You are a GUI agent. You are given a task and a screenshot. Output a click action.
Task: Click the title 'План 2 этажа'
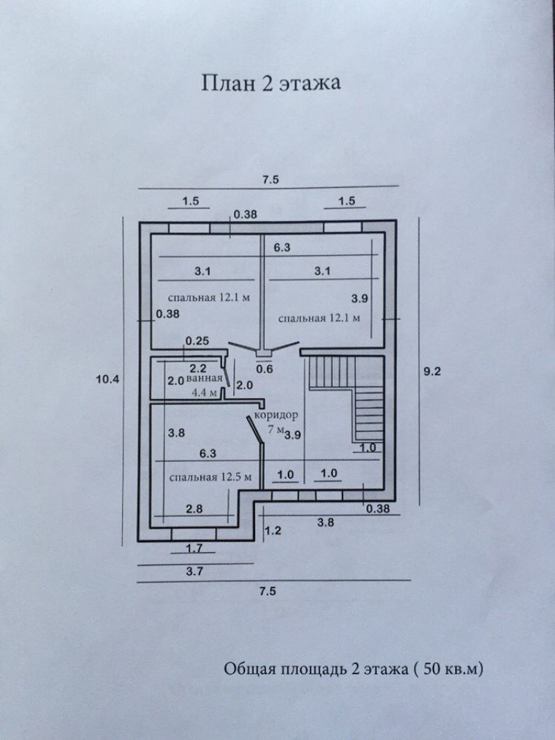coord(271,83)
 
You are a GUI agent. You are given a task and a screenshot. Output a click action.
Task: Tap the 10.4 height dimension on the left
coord(107,379)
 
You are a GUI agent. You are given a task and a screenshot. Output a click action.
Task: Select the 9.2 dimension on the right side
coord(432,372)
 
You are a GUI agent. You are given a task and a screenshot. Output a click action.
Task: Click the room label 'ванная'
coord(204,378)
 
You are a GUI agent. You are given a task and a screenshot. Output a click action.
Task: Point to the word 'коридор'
coord(276,415)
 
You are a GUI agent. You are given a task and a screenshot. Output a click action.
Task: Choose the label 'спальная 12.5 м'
coord(210,476)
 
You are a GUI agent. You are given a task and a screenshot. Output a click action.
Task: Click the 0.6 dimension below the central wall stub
coord(265,369)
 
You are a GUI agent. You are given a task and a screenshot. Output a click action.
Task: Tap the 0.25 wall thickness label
coord(197,341)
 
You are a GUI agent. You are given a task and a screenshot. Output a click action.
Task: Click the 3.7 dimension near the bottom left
coord(194,571)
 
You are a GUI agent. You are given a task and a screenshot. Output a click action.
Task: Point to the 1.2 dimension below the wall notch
coord(273,531)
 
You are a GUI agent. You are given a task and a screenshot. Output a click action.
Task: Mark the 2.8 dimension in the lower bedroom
coord(194,509)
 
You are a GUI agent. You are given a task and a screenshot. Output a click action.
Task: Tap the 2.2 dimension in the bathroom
coord(198,368)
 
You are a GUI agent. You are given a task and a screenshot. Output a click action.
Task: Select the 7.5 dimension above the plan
coord(271,180)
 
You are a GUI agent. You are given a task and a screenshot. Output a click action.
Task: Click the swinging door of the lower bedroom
coord(255,429)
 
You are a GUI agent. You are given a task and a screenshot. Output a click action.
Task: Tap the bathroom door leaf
coord(227,377)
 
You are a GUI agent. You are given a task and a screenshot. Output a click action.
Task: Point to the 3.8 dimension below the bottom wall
coord(326,522)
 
